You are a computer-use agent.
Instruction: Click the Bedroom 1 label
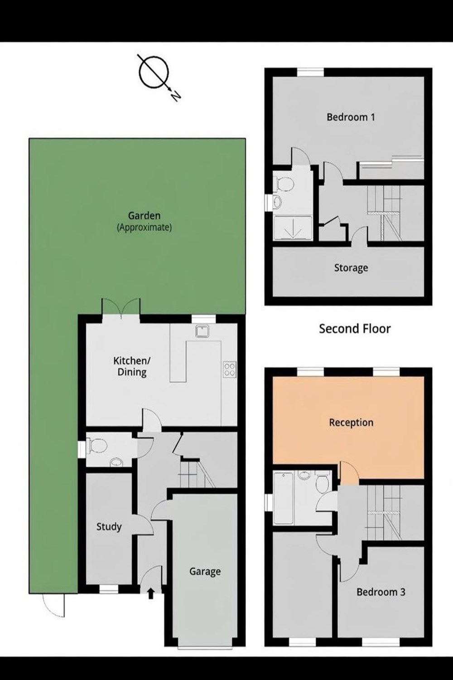click(351, 117)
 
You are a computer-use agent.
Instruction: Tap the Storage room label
click(351, 268)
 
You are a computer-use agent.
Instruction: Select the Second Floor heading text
click(355, 329)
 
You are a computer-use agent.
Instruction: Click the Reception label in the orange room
click(351, 422)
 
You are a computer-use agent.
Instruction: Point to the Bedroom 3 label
click(381, 592)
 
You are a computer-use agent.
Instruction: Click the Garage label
click(205, 571)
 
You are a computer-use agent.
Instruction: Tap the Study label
click(109, 527)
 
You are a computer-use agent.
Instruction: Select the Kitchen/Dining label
click(132, 366)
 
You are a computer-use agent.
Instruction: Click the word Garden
click(144, 215)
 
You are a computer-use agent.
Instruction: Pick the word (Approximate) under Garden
click(145, 228)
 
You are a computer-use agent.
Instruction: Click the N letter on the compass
click(175, 96)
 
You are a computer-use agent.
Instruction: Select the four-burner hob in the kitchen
click(230, 369)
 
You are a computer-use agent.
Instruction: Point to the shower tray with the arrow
click(293, 228)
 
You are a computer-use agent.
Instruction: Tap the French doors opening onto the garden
click(121, 308)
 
